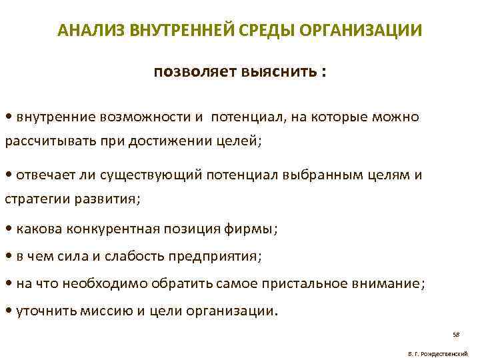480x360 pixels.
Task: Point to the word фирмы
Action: click(253, 229)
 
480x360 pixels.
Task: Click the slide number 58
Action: click(456, 334)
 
